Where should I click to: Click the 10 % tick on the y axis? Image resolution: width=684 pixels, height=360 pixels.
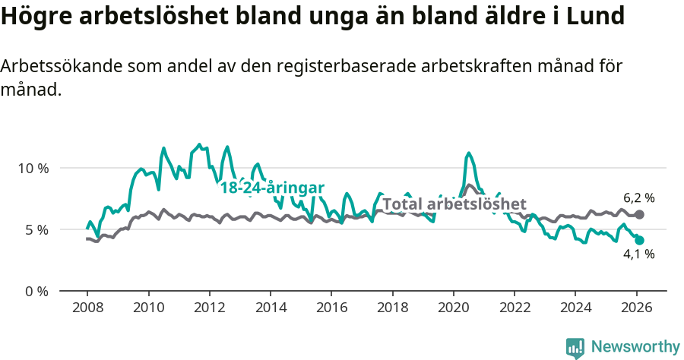[33, 168]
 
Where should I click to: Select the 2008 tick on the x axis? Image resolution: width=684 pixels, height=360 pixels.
[87, 308]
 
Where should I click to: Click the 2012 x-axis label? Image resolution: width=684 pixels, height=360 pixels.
[209, 308]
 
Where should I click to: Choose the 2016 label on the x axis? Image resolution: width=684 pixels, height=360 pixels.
[331, 308]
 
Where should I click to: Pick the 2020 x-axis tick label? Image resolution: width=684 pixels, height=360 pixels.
[454, 308]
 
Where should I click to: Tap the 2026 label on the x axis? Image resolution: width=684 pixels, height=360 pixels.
[637, 308]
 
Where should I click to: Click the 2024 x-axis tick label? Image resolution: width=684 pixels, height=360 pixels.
[575, 308]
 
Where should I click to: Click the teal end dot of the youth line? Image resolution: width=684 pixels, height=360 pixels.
[640, 240]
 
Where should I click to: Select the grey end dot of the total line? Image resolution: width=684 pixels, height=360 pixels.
[640, 215]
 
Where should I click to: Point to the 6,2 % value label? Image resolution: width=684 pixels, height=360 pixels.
[639, 198]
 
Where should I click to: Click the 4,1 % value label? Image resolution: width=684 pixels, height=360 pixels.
[639, 255]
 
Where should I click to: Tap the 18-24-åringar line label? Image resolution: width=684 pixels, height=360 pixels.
[272, 188]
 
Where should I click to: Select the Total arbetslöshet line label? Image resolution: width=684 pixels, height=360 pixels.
[454, 204]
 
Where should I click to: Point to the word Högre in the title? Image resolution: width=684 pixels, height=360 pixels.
[33, 17]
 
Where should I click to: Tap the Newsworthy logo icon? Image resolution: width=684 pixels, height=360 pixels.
[575, 347]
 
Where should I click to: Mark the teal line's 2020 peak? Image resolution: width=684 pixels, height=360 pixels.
[469, 153]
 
